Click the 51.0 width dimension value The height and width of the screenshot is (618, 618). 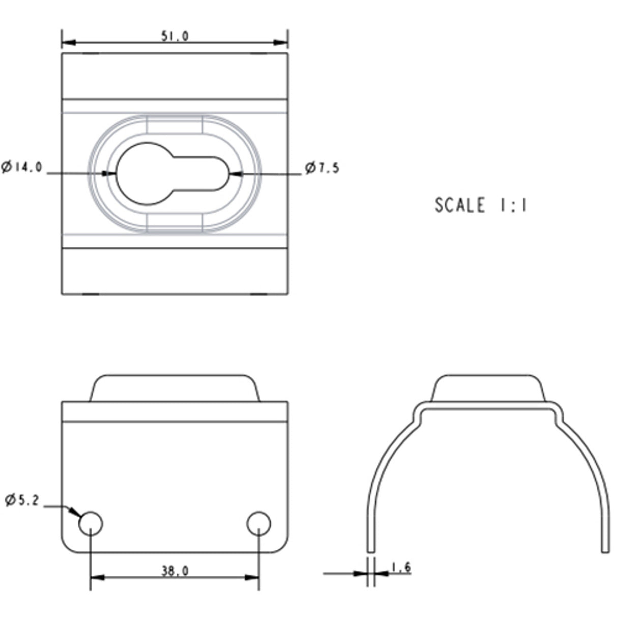point(175,36)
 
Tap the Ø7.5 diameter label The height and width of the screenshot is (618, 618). point(322,168)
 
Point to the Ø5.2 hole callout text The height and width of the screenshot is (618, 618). point(22,500)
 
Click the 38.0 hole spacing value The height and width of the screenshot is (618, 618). point(175,571)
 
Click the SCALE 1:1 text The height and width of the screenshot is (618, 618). point(481,205)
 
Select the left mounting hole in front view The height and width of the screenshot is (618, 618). point(91,523)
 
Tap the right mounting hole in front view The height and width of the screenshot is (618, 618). point(259,523)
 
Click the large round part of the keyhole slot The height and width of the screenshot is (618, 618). point(145,174)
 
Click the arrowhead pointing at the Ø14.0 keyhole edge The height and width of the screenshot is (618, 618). point(110,174)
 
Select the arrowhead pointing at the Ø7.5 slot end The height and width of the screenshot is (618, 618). point(235,174)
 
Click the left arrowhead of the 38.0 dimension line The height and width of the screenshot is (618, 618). point(97,577)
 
